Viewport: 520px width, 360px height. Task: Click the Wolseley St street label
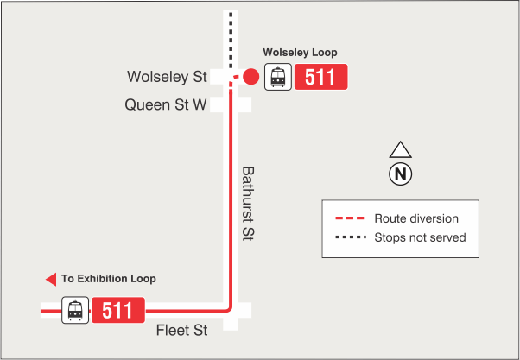[x=168, y=77]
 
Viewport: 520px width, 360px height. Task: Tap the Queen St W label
[x=166, y=104]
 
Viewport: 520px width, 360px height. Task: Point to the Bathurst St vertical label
[x=248, y=204]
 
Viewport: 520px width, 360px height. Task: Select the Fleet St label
[x=182, y=330]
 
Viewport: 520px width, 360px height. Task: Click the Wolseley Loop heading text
[x=300, y=53]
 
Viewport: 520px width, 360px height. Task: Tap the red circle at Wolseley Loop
[x=250, y=78]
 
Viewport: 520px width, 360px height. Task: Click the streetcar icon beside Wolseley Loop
[x=277, y=78]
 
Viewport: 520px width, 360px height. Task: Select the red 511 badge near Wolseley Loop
[x=320, y=78]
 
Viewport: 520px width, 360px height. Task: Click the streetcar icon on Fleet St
[x=75, y=310]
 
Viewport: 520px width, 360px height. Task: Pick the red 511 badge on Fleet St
[x=117, y=310]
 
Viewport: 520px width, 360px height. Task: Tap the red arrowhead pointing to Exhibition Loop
[x=50, y=279]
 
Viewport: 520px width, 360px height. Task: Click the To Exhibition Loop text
[x=109, y=279]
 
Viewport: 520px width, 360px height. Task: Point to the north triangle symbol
[x=401, y=149]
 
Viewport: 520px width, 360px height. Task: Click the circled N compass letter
[x=401, y=174]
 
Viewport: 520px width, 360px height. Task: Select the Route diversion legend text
[x=416, y=218]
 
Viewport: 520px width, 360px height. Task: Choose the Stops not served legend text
[x=420, y=237]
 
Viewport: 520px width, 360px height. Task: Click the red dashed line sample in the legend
[x=349, y=218]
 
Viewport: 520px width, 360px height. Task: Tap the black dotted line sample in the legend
[x=349, y=237]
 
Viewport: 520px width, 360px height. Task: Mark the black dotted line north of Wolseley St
[x=230, y=39]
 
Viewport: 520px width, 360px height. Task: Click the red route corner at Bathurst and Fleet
[x=229, y=308]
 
